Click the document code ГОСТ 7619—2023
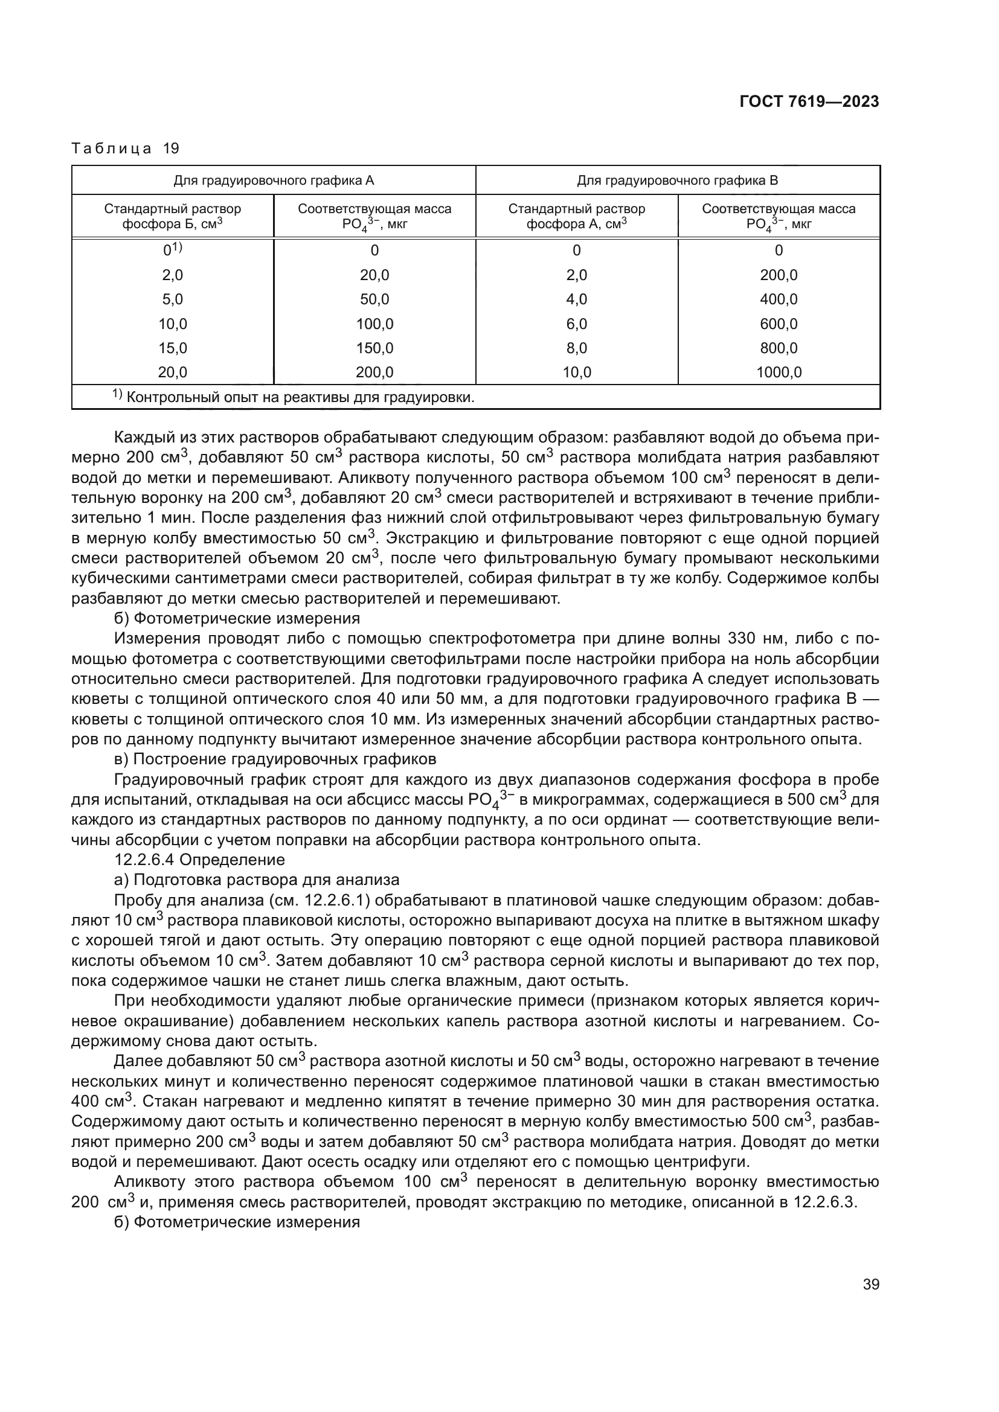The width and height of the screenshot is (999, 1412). (x=809, y=102)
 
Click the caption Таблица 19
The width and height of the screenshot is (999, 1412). (x=125, y=149)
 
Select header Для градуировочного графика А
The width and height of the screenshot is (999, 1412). (x=273, y=180)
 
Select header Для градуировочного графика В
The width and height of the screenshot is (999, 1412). (x=677, y=180)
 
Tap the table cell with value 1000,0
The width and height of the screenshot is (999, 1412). (x=778, y=372)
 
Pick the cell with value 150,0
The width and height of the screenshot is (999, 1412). (x=374, y=348)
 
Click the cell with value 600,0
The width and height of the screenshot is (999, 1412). (x=778, y=324)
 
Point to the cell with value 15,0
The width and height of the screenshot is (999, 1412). (x=172, y=348)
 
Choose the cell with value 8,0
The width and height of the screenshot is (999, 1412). (x=576, y=348)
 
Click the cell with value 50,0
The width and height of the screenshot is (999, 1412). (x=374, y=299)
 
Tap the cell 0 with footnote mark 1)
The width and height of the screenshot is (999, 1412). (x=172, y=251)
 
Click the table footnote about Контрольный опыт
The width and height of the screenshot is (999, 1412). (x=294, y=397)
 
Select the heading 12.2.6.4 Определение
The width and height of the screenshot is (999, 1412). (x=200, y=860)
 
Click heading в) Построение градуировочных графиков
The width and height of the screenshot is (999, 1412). (x=275, y=759)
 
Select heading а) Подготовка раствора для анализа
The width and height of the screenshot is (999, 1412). (x=257, y=880)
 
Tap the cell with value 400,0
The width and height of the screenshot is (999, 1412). (x=778, y=299)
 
